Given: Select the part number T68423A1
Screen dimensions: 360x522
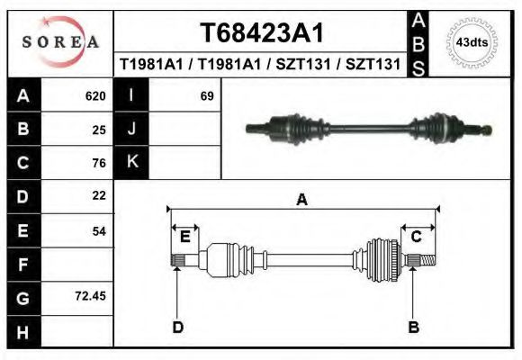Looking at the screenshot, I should [261, 32].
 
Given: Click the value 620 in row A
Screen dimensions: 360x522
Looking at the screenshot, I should [95, 95].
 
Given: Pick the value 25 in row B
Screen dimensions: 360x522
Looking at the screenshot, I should [99, 129].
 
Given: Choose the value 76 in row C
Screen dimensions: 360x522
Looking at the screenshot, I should [99, 163].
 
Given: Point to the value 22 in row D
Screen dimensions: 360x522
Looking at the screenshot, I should [99, 195].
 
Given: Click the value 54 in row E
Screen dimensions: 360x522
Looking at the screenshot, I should [99, 230].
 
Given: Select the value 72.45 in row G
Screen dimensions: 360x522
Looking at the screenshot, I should [92, 294].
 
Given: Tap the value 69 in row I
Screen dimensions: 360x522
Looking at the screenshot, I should [206, 95].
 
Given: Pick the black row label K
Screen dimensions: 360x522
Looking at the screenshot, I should [131, 162].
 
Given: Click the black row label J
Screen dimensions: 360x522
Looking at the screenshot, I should [131, 129].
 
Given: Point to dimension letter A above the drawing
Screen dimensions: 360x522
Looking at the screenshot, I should [302, 200].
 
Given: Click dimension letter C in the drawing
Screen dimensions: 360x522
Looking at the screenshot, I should [417, 237].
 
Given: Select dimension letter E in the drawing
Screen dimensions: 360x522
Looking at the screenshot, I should [184, 237].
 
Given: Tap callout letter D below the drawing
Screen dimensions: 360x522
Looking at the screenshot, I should [178, 326].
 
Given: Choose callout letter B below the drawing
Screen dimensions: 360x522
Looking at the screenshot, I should [413, 326].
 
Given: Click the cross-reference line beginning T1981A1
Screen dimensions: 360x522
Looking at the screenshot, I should [261, 65].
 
